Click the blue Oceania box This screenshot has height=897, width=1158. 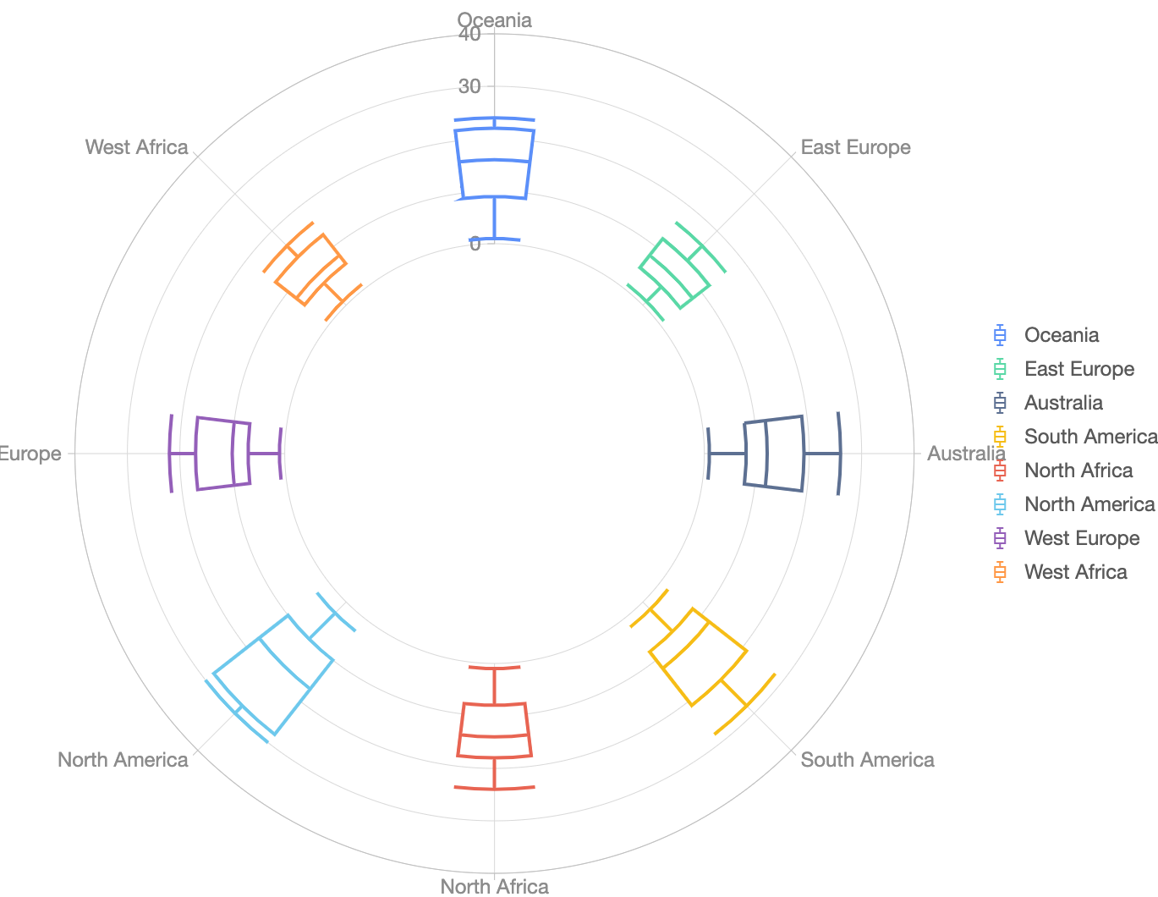[494, 164]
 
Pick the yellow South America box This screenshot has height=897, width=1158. [698, 657]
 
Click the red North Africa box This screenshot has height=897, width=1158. [494, 729]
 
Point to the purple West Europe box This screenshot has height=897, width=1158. [223, 453]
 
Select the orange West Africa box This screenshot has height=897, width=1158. [310, 269]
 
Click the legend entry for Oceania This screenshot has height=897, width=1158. [1061, 335]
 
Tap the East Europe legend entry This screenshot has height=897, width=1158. [1078, 369]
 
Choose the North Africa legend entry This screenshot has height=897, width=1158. [1078, 471]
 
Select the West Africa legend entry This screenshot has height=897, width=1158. [1074, 572]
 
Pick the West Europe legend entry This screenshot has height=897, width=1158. [1081, 538]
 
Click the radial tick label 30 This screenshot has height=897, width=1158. [469, 86]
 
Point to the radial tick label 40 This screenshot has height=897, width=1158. [469, 34]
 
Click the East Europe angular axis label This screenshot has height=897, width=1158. [855, 147]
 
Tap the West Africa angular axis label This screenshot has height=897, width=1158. [136, 147]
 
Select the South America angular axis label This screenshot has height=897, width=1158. [867, 760]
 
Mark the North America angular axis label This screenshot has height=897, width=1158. [123, 760]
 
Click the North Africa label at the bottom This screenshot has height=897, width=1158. [494, 886]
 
